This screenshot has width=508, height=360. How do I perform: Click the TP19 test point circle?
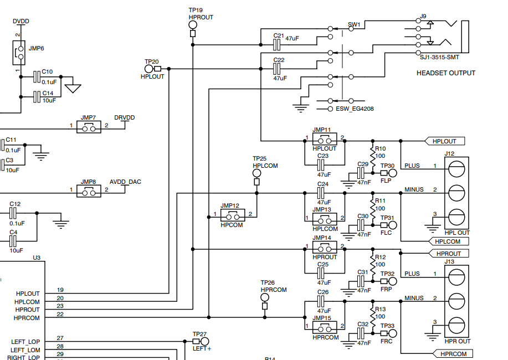(193, 25)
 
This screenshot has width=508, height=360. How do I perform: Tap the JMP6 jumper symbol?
(19, 53)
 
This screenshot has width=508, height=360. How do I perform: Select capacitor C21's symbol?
(276, 45)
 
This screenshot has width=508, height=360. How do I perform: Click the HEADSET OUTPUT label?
(446, 73)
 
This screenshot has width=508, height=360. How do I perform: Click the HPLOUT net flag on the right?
(444, 141)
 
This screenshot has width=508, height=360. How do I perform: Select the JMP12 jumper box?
(233, 215)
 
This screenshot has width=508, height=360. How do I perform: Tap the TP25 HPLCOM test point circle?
(256, 174)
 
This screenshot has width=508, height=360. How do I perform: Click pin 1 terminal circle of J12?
(456, 169)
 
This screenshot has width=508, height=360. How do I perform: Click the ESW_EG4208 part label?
(355, 109)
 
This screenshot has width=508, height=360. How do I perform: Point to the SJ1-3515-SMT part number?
(440, 58)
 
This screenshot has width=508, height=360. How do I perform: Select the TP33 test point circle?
(392, 333)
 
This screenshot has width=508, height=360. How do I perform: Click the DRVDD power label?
(125, 117)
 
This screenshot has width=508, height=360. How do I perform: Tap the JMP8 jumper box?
(89, 191)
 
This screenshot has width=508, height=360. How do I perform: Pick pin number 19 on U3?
(60, 290)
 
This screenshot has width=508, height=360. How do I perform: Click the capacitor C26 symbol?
(321, 301)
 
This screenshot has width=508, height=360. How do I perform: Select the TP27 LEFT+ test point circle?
(205, 341)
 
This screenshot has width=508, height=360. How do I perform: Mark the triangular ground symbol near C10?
(73, 89)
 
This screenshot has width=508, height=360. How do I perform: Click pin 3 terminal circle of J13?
(456, 325)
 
